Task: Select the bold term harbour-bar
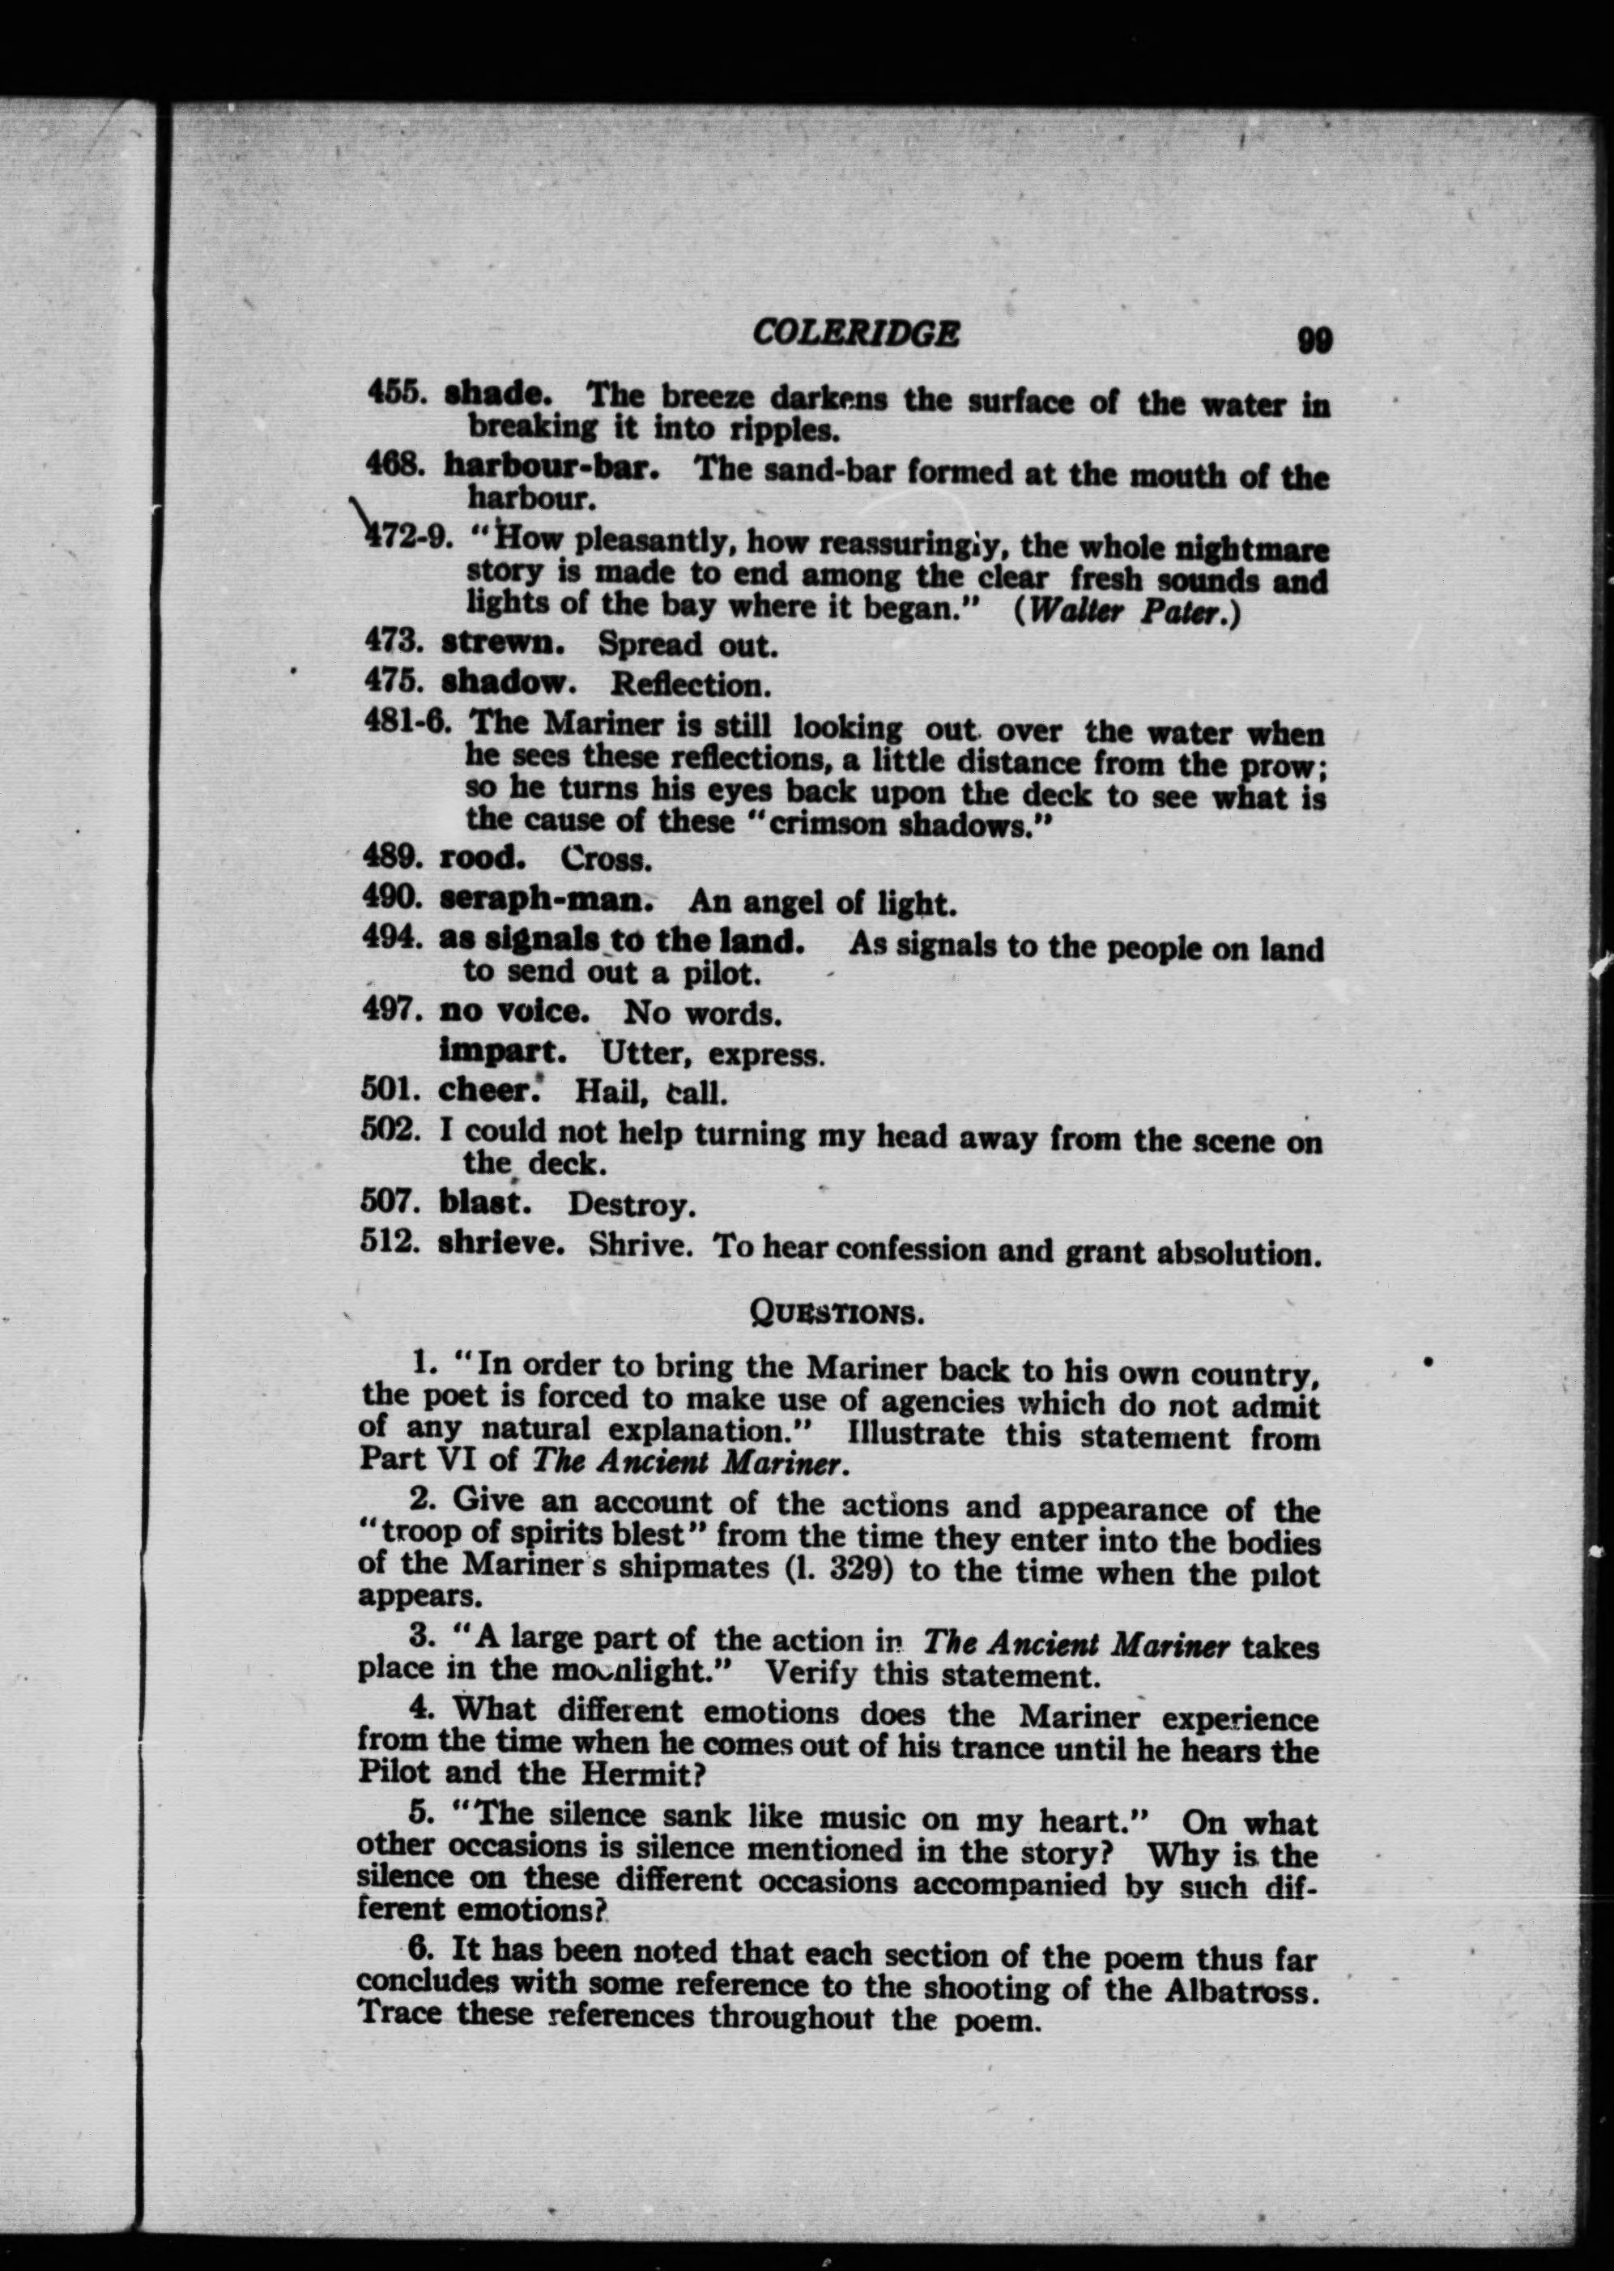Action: click(x=551, y=465)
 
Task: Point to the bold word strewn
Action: click(x=503, y=642)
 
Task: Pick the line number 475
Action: click(x=395, y=682)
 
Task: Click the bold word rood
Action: click(x=482, y=856)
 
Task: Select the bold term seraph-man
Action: click(x=546, y=899)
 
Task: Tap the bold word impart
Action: click(x=502, y=1050)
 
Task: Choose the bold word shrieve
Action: click(x=501, y=1244)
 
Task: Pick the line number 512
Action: click(x=390, y=1243)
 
